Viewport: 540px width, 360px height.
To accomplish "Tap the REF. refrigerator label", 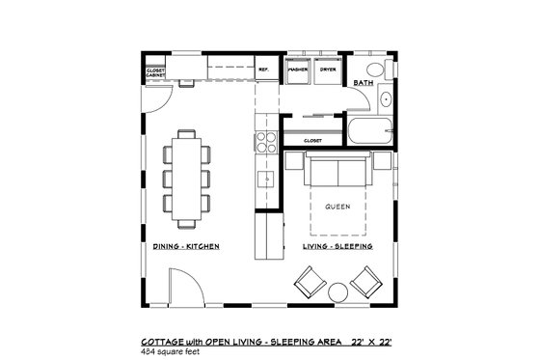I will (x=262, y=69).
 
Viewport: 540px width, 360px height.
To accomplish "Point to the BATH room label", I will (x=364, y=83).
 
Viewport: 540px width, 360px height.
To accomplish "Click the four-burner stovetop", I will (x=262, y=145).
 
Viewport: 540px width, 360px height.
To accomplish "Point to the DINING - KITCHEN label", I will (x=186, y=247).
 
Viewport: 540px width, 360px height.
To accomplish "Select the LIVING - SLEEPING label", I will (x=338, y=247).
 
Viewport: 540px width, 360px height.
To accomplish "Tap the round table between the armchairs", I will (x=337, y=291).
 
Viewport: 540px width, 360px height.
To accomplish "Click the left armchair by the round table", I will (x=309, y=284).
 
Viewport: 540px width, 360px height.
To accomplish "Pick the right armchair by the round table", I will (x=366, y=284).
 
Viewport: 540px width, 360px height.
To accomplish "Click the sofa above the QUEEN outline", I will (x=336, y=174).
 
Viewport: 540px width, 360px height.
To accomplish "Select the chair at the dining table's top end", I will (x=187, y=135).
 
